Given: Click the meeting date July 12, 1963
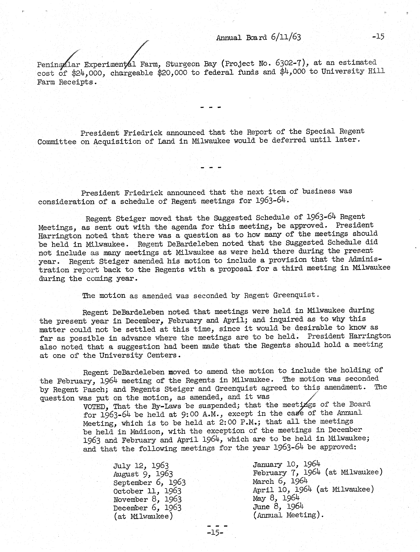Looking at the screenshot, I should (141, 466).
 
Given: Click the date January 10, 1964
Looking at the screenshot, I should (286, 464).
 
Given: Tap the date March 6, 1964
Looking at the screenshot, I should (280, 481).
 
